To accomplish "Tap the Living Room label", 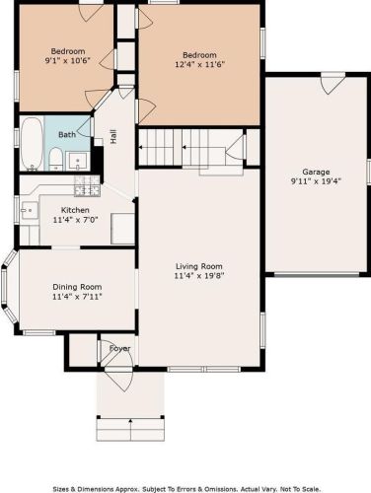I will (199, 266).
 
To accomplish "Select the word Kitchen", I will (75, 210).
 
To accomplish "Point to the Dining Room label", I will (77, 286).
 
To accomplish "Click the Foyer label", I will (119, 348).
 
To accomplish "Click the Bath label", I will (66, 134).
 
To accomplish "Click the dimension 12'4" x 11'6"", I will (198, 64).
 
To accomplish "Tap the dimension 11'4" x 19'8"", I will (199, 277).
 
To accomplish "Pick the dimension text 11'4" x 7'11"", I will (77, 296).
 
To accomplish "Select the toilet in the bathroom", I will (57, 160).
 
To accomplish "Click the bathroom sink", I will (83, 161).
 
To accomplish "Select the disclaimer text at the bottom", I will (185, 486).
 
